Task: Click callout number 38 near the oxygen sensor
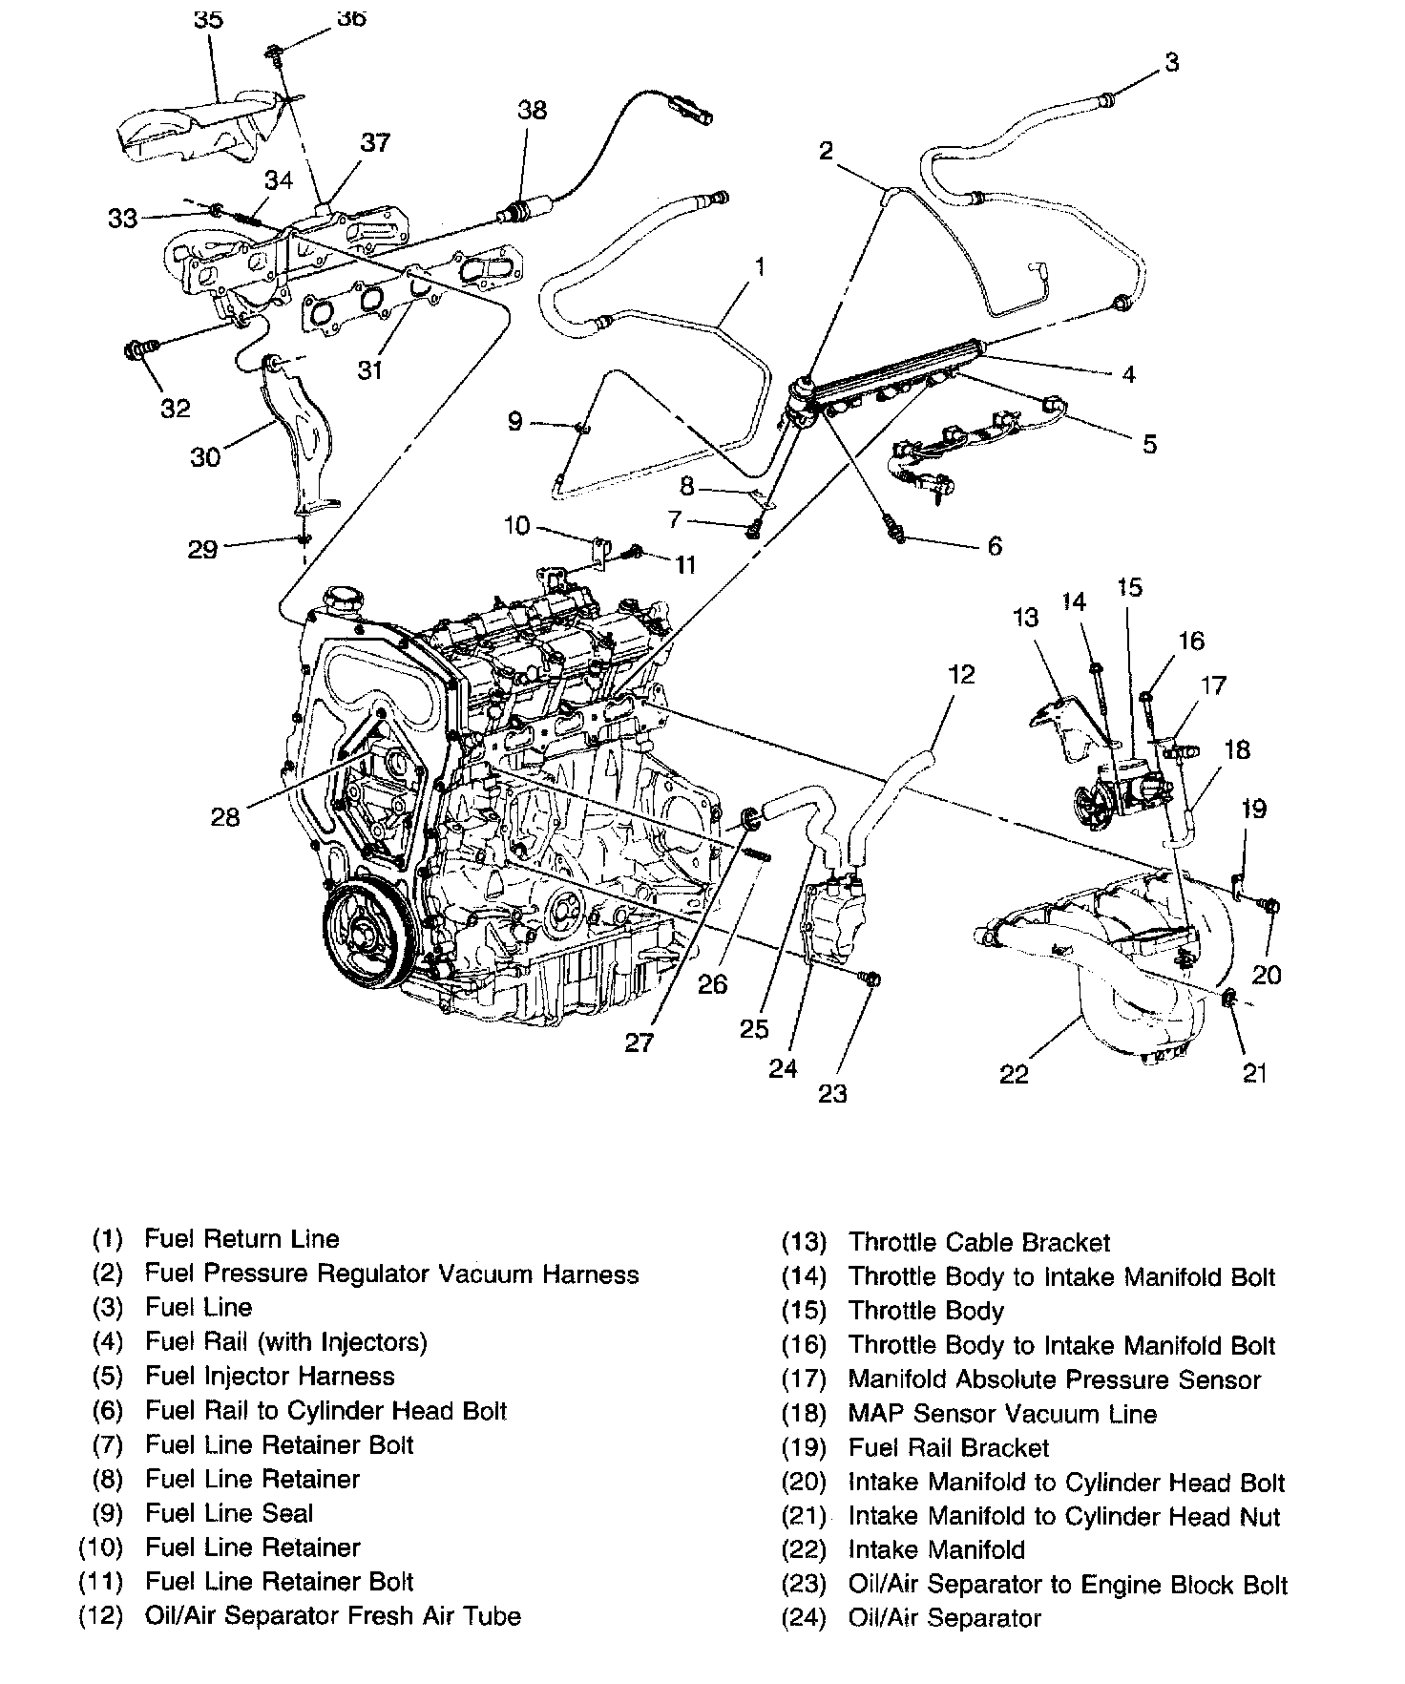pos(532,110)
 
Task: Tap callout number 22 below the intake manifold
pos(1014,1074)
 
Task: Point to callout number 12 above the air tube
pos(961,674)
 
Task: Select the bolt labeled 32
pos(138,350)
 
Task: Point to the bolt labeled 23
pos(870,979)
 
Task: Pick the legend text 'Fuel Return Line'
pos(241,1239)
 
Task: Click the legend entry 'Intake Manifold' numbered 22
pos(935,1549)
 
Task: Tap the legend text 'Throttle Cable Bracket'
pos(979,1242)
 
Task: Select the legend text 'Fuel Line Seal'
pos(229,1513)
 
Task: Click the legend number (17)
pos(803,1379)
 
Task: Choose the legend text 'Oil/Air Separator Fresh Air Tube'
pos(333,1616)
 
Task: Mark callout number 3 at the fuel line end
pos(1172,62)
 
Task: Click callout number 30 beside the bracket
pos(205,457)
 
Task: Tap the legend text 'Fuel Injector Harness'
pos(270,1376)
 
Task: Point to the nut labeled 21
pos(1229,999)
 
